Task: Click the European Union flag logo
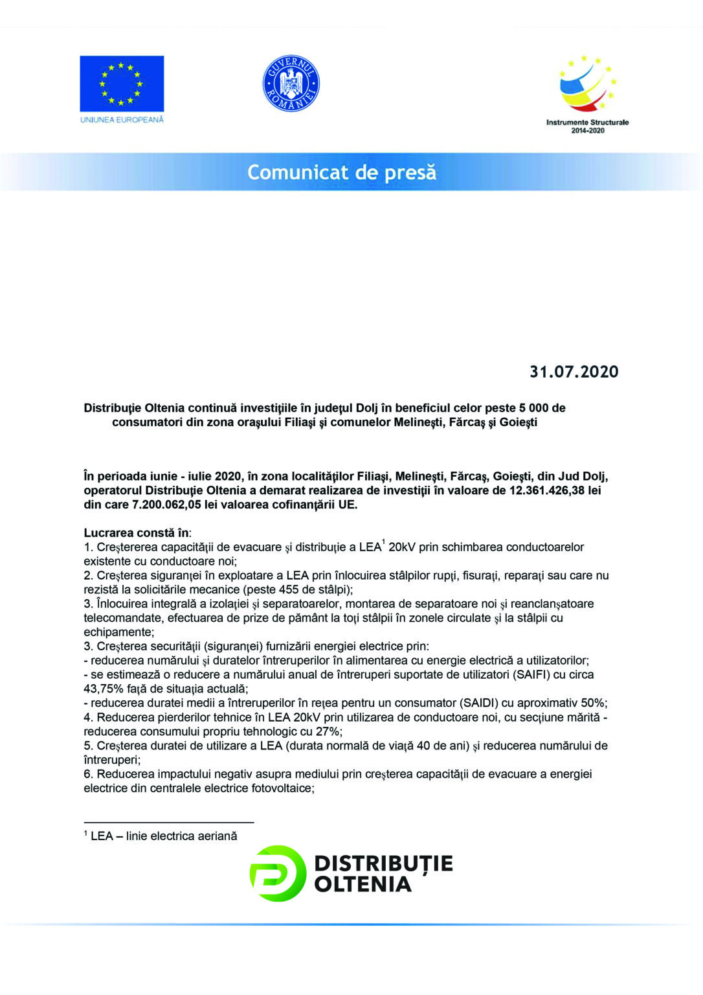click(122, 84)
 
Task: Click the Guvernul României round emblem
click(291, 83)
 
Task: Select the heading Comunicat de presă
click(342, 172)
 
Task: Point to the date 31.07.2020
click(574, 372)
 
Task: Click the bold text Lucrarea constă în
click(137, 533)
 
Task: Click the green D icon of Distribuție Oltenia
click(277, 873)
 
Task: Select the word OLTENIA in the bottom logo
click(363, 884)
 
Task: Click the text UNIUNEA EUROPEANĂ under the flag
click(122, 120)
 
